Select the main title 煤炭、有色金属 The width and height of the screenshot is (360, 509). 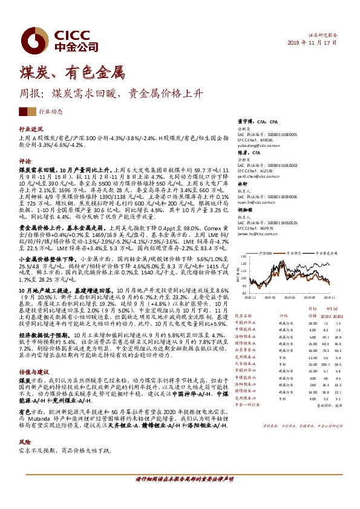(x=71, y=75)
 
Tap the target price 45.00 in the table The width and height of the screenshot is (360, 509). (x=295, y=349)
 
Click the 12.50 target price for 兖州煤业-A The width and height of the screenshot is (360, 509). (x=295, y=358)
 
